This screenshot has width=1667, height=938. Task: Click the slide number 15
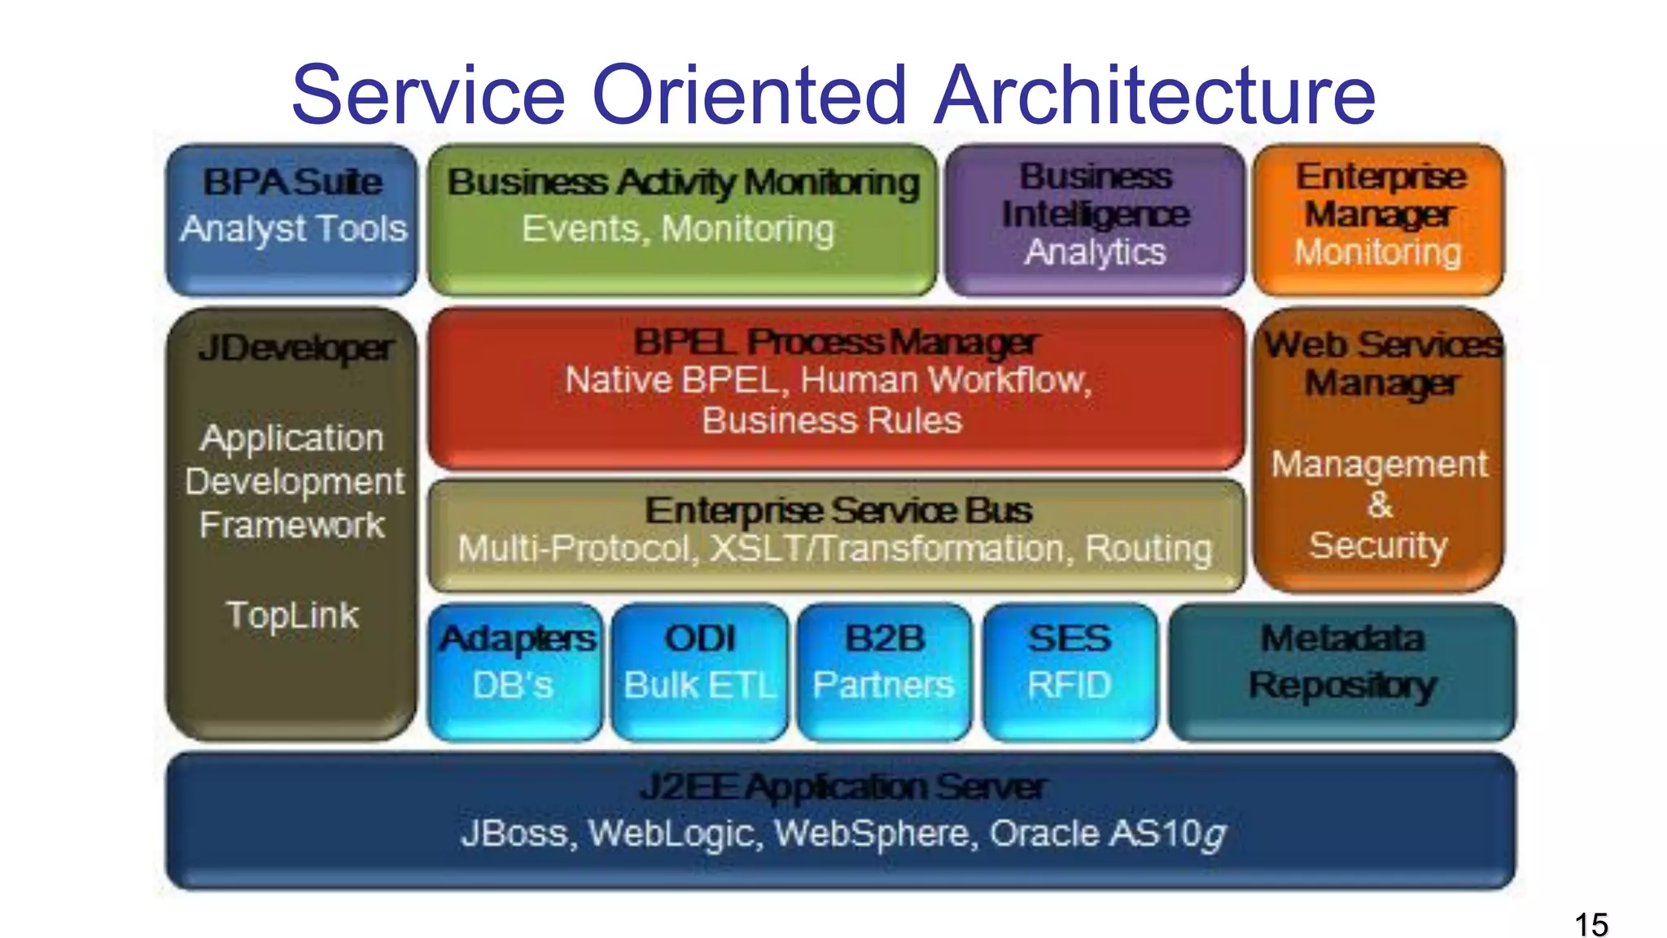pos(1590,925)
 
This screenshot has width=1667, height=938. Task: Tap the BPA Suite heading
pos(292,182)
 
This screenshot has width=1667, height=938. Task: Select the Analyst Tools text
pos(293,229)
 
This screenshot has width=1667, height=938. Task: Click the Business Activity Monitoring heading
pos(683,182)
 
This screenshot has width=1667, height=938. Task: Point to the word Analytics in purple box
pos(1095,252)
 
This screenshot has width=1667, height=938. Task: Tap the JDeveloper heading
pos(296,348)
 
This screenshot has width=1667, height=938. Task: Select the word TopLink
pos(292,616)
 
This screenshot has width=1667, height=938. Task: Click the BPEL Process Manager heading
pos(835,342)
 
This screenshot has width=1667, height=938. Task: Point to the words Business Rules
pos(832,421)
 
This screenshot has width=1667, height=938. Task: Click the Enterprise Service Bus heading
pos(838,511)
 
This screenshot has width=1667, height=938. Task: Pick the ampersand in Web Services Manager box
pos(1380,505)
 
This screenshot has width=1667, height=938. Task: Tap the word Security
pos(1378,546)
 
